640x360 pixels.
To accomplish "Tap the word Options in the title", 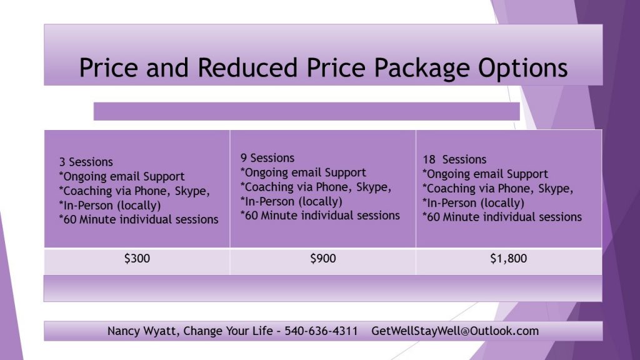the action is (523, 68).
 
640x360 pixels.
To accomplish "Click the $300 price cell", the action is (137, 258).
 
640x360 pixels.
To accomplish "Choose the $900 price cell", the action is (323, 258).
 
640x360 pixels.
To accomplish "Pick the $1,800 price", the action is (509, 258).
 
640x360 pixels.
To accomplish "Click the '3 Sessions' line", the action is (86, 162).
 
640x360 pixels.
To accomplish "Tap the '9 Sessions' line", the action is (267, 158).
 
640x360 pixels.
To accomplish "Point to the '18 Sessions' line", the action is (455, 159).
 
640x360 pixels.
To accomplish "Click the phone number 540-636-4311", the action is (321, 331).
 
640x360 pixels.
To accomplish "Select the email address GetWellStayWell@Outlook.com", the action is (455, 331).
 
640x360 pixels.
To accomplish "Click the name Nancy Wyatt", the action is (143, 331).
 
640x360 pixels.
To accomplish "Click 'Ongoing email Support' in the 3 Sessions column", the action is (122, 177).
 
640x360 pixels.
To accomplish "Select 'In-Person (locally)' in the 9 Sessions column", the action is (291, 202).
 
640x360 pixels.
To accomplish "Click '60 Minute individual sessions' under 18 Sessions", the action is (502, 217).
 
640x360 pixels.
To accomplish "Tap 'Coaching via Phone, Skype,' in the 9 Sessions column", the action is (316, 187).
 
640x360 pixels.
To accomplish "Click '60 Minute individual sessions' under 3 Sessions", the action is (139, 219).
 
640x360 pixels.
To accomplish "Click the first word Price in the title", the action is (108, 67).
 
